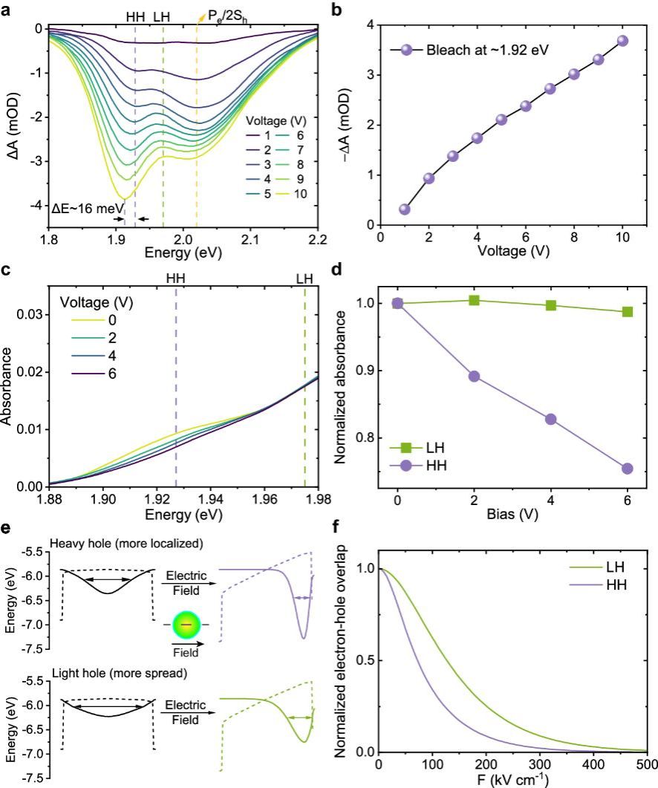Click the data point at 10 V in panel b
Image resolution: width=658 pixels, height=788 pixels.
point(622,41)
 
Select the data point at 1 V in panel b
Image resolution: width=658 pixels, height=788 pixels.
point(405,209)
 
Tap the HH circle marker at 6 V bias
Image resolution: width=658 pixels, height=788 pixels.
point(627,469)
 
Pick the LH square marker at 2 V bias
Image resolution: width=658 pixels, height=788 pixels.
point(474,300)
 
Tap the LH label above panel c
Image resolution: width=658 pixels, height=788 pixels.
point(304,279)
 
